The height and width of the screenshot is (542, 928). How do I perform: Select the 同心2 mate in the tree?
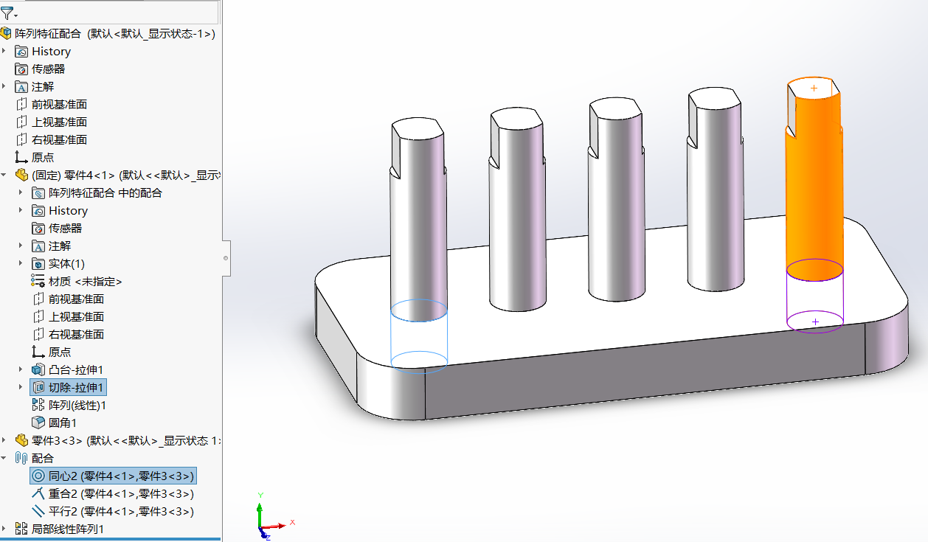coord(111,476)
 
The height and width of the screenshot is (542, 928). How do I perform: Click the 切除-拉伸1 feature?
coord(77,387)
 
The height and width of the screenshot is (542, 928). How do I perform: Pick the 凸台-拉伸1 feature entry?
coord(75,369)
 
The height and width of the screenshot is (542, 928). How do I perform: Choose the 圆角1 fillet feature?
coord(62,423)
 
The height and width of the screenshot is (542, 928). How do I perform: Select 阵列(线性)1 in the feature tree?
coord(77,405)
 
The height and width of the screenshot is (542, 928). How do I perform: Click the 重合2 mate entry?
coord(111,493)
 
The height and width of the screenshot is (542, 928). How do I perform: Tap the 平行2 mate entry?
coord(111,511)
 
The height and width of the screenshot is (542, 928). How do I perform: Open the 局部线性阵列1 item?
coord(67,529)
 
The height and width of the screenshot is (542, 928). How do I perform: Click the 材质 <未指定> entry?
coord(84,281)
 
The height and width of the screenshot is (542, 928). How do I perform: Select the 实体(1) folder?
coord(66,263)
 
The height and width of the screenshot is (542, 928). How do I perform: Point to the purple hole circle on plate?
coord(815,322)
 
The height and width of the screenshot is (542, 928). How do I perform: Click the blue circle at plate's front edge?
coord(418,361)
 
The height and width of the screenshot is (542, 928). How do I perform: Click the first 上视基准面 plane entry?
coord(58,122)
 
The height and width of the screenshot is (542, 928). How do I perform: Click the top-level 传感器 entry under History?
coord(48,69)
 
